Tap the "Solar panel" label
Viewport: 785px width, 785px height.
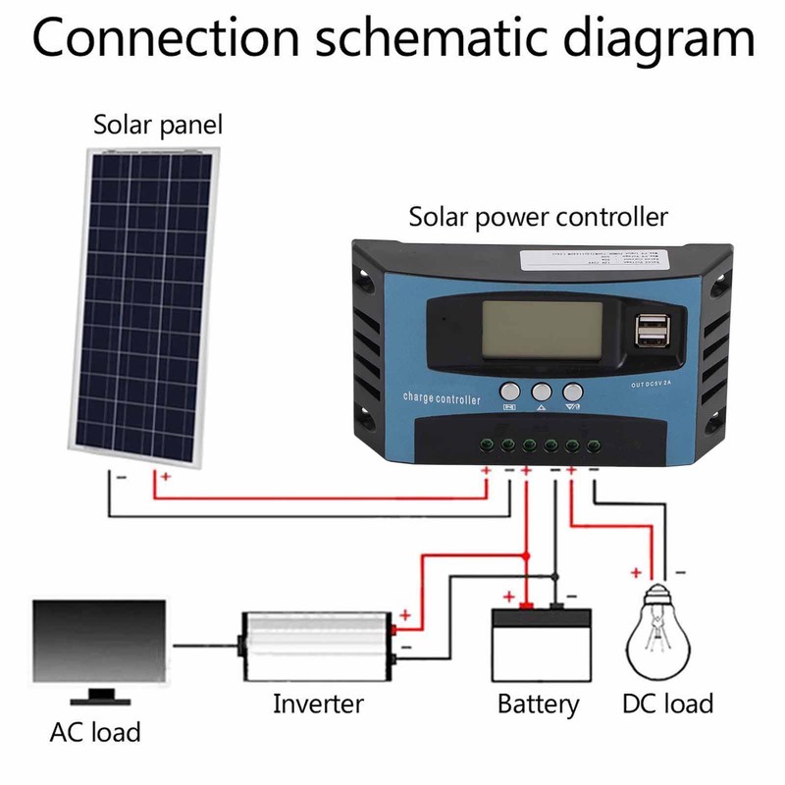158,126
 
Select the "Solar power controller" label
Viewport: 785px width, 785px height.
539,216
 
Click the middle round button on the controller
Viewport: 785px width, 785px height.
542,392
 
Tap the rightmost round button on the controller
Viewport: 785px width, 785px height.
573,392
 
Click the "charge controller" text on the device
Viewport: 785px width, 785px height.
442,399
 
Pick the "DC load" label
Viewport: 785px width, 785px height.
667,704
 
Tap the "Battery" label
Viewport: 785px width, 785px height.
539,705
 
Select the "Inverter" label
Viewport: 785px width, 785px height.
318,704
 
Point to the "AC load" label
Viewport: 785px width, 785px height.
94,732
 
